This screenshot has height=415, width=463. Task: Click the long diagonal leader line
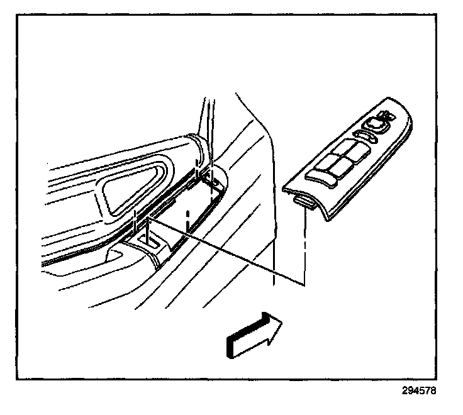click(226, 252)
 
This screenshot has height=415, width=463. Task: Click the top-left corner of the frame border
click(18, 15)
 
